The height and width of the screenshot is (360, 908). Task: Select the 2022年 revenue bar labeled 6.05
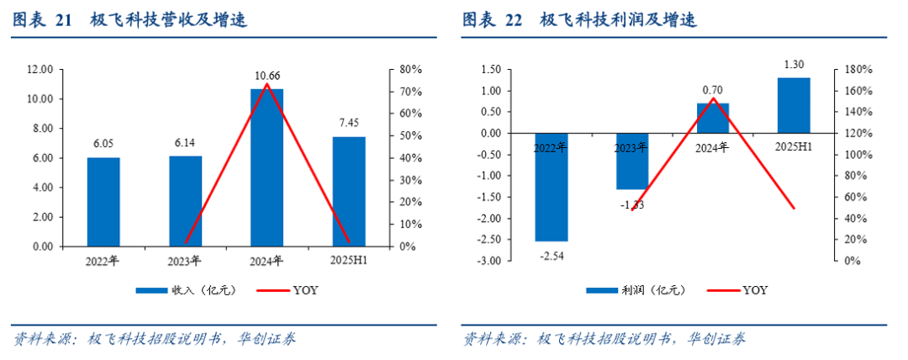pyautogui.click(x=103, y=202)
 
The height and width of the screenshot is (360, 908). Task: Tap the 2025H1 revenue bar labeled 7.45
pyautogui.click(x=349, y=192)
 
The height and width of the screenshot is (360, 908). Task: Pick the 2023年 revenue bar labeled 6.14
pyautogui.click(x=186, y=202)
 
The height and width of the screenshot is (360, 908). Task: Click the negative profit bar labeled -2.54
pyautogui.click(x=552, y=187)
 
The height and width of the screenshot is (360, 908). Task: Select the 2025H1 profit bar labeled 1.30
pyautogui.click(x=794, y=105)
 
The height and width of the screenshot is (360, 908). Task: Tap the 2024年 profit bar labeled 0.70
pyautogui.click(x=713, y=118)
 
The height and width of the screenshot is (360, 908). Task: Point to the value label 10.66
pyautogui.click(x=267, y=77)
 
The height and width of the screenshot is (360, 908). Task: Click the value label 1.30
pyautogui.click(x=794, y=64)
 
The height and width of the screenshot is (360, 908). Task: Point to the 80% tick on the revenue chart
pyautogui.click(x=410, y=69)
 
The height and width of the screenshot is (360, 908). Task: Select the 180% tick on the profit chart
pyautogui.click(x=847, y=69)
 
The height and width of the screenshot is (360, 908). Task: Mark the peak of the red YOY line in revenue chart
pyautogui.click(x=267, y=84)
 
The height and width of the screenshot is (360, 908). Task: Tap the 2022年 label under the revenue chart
pyautogui.click(x=103, y=260)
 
